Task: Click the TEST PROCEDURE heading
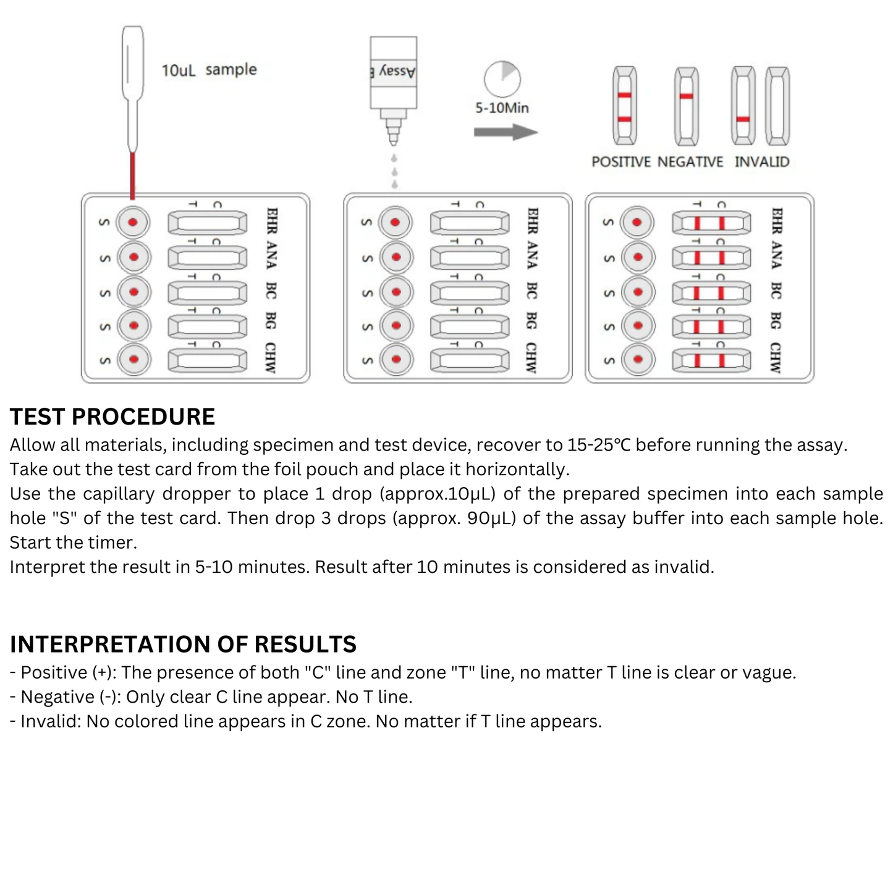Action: [112, 417]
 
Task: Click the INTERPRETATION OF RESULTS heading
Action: [183, 645]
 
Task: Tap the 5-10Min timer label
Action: [502, 108]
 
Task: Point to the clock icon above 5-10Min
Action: [502, 78]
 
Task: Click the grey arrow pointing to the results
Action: [506, 132]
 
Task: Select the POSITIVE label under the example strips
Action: [621, 162]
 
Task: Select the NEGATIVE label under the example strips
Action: [690, 162]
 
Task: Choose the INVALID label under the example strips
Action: [762, 162]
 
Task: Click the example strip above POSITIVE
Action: [624, 106]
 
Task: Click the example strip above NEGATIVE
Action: [687, 106]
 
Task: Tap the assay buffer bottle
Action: [393, 80]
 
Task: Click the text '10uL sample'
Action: [209, 70]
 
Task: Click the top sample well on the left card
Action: [133, 222]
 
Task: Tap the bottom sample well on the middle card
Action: [396, 359]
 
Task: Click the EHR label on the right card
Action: [777, 221]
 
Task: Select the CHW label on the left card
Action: [271, 358]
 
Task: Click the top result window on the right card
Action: [711, 222]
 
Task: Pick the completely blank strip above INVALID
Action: [777, 106]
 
